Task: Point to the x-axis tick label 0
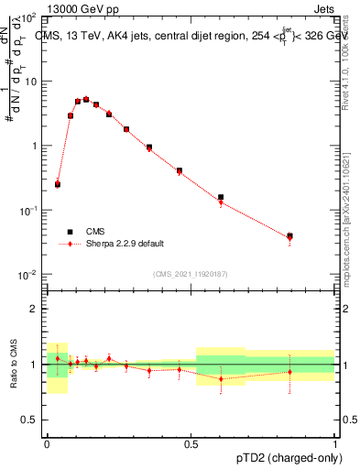coord(47,442)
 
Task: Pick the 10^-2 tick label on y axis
coord(27,275)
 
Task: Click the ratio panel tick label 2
coord(34,309)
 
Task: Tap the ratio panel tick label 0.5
coord(30,420)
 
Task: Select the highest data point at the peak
coord(86,99)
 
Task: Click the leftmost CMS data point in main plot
coord(58,184)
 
